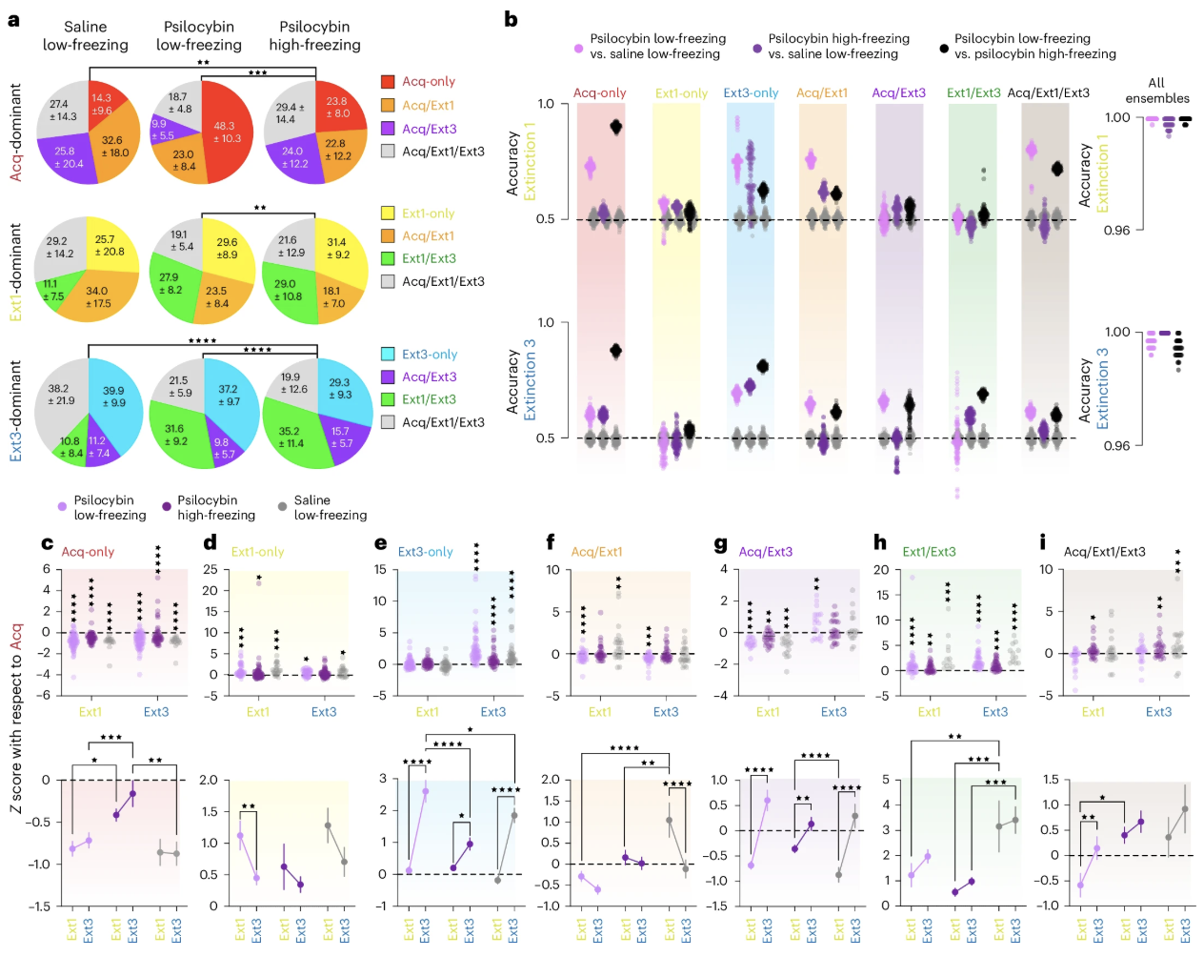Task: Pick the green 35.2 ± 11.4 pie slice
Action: (x=291, y=437)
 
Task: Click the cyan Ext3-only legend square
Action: (x=388, y=354)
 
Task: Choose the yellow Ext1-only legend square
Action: (x=388, y=213)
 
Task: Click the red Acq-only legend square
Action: (x=388, y=81)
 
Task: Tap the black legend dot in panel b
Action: (x=943, y=47)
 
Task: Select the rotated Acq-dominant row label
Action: (x=15, y=132)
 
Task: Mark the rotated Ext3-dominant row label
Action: (x=15, y=411)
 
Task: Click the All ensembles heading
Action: (x=1156, y=91)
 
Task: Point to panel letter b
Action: (x=511, y=19)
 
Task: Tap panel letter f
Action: (x=551, y=542)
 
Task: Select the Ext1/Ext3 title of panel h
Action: (x=929, y=552)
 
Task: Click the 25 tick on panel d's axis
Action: (x=211, y=569)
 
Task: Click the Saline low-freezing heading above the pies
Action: (x=85, y=36)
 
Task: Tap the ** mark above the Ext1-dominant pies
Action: (x=259, y=208)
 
